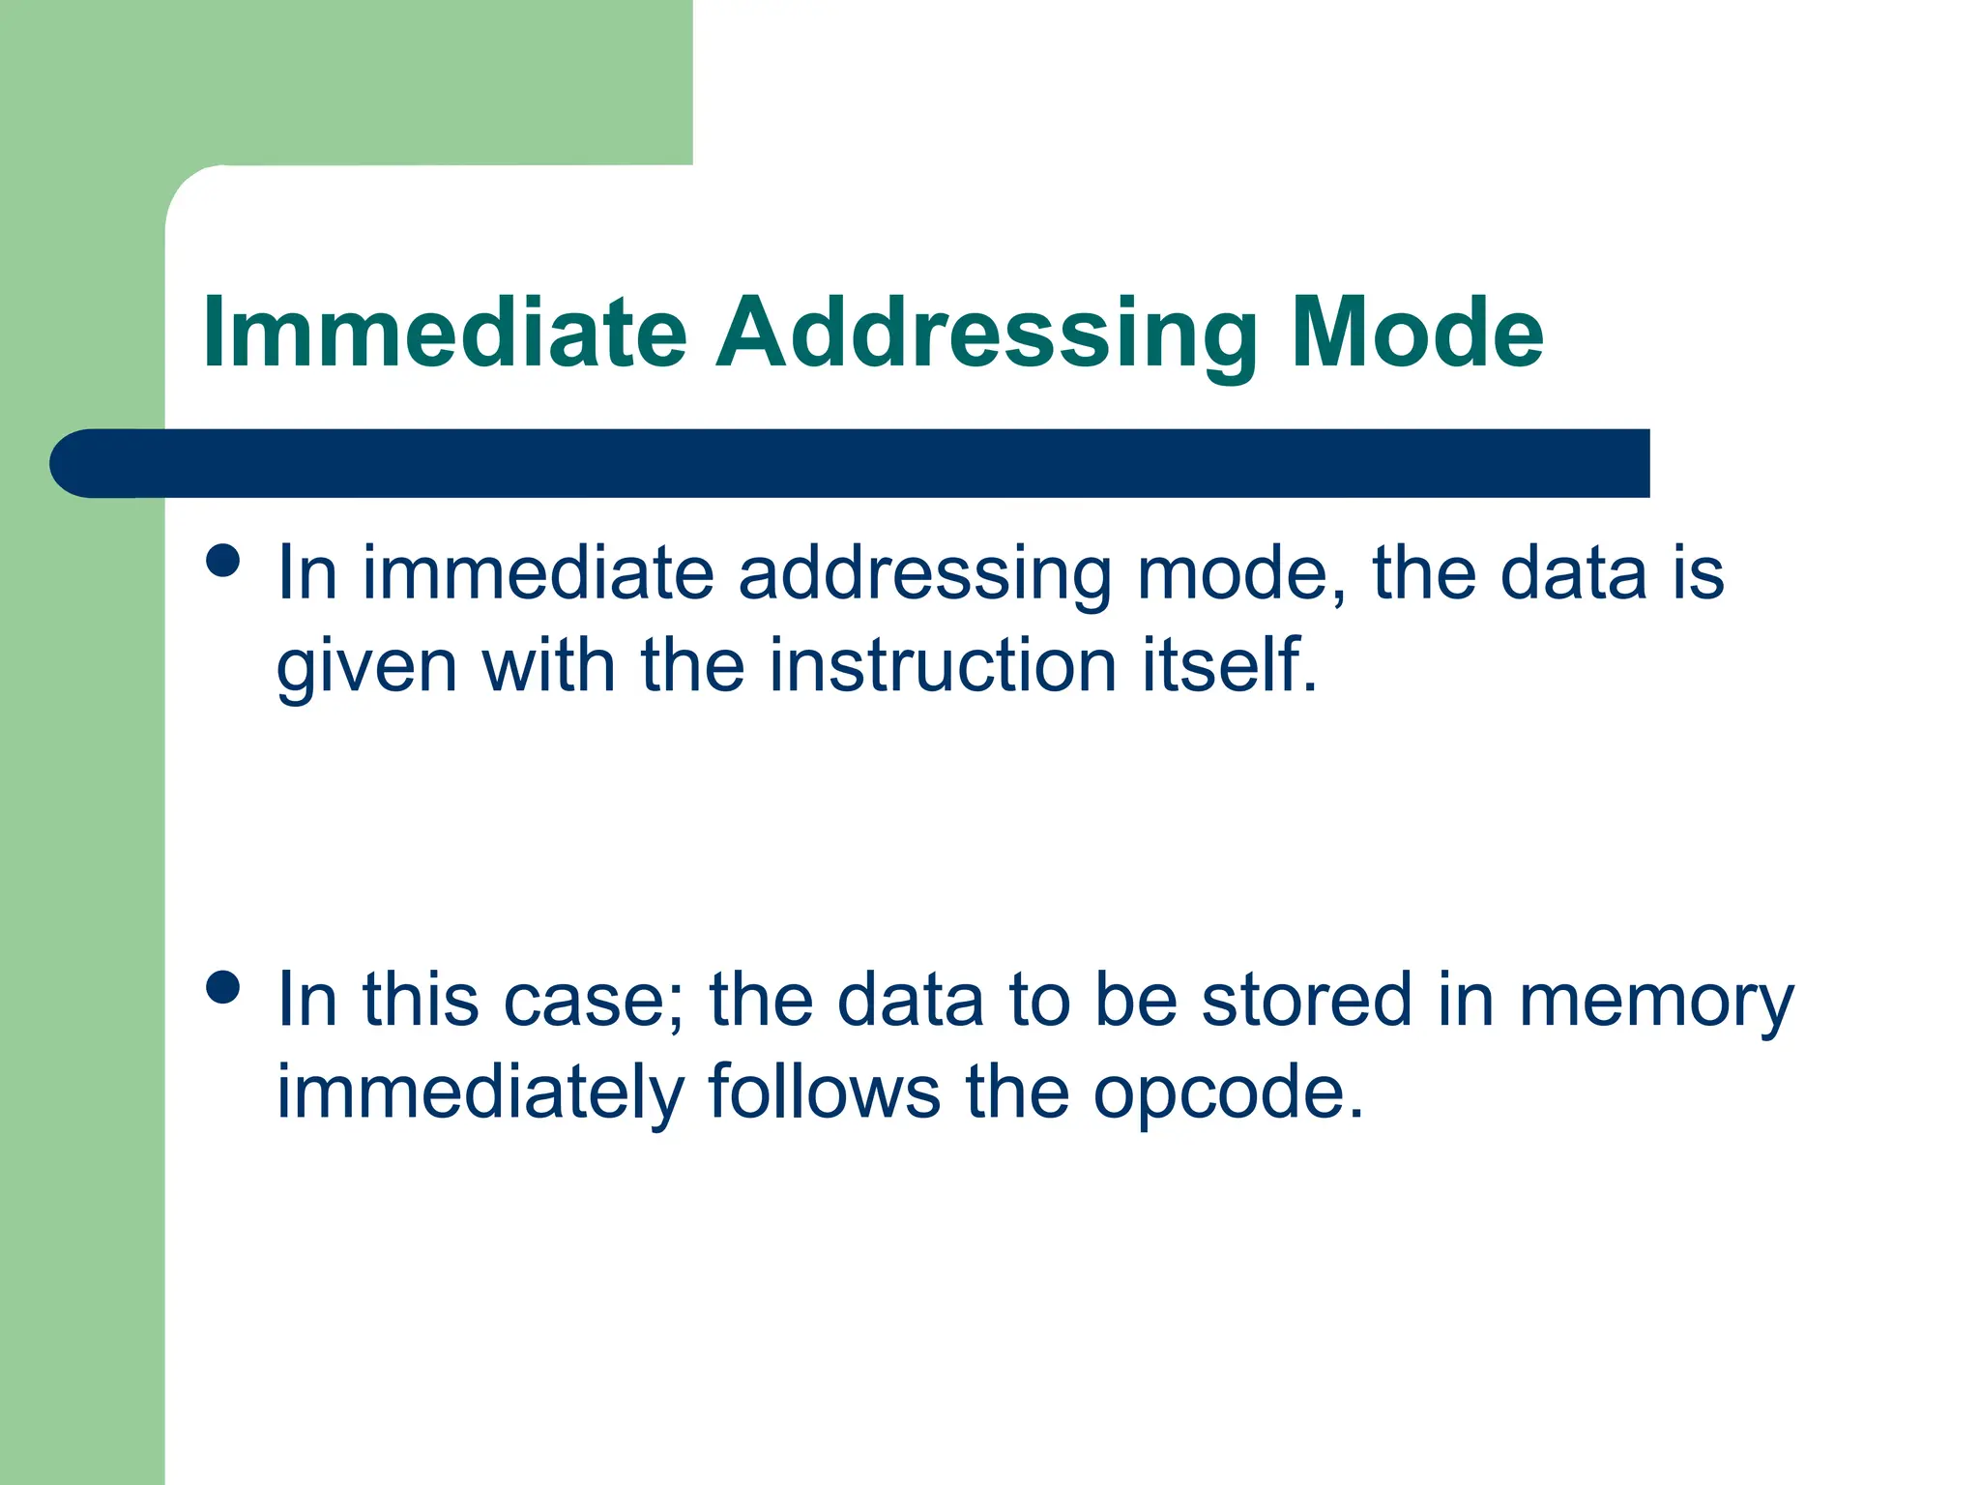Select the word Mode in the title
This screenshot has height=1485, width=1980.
pos(1416,334)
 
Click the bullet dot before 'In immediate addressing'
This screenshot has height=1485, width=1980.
pos(223,562)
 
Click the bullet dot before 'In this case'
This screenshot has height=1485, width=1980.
pos(223,988)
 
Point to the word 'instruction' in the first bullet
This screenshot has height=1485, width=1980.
pos(943,666)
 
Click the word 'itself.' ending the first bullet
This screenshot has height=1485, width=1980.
pos(1230,666)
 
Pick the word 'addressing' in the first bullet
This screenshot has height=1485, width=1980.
pos(925,576)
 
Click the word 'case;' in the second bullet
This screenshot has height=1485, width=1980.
pos(594,1001)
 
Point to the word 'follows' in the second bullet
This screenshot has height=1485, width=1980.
pos(824,1092)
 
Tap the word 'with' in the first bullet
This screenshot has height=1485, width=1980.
pos(547,666)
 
